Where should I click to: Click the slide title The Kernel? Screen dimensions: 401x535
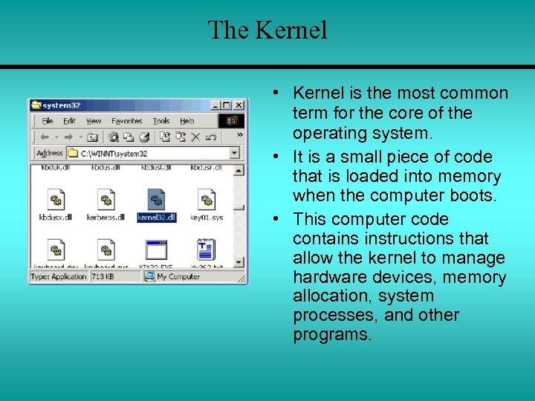[x=267, y=30]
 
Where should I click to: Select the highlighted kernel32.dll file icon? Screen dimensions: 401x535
[x=156, y=200]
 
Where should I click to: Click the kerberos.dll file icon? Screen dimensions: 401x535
[x=106, y=200]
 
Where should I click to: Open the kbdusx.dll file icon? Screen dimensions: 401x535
[x=56, y=200]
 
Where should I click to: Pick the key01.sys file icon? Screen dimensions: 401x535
[x=206, y=200]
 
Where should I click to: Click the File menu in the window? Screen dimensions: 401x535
[x=48, y=121]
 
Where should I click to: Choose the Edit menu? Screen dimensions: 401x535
[x=69, y=121]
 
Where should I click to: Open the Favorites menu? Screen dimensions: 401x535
[x=126, y=121]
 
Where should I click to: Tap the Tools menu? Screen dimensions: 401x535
[x=161, y=121]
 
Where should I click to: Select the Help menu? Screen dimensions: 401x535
[x=187, y=121]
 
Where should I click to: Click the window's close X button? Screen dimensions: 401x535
[x=239, y=105]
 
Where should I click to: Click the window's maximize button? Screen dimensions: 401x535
[x=227, y=105]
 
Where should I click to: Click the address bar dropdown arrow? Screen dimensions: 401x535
[x=234, y=153]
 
